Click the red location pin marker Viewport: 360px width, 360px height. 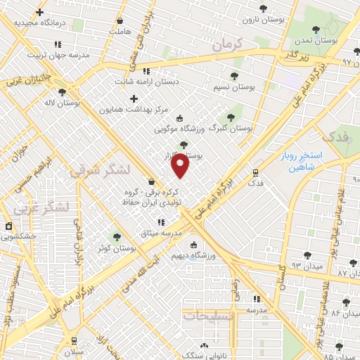point(181,166)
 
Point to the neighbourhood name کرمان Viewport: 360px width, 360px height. point(226,44)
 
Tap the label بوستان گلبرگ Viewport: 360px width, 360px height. point(232,128)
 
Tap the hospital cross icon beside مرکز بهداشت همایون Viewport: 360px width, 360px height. point(134,98)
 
